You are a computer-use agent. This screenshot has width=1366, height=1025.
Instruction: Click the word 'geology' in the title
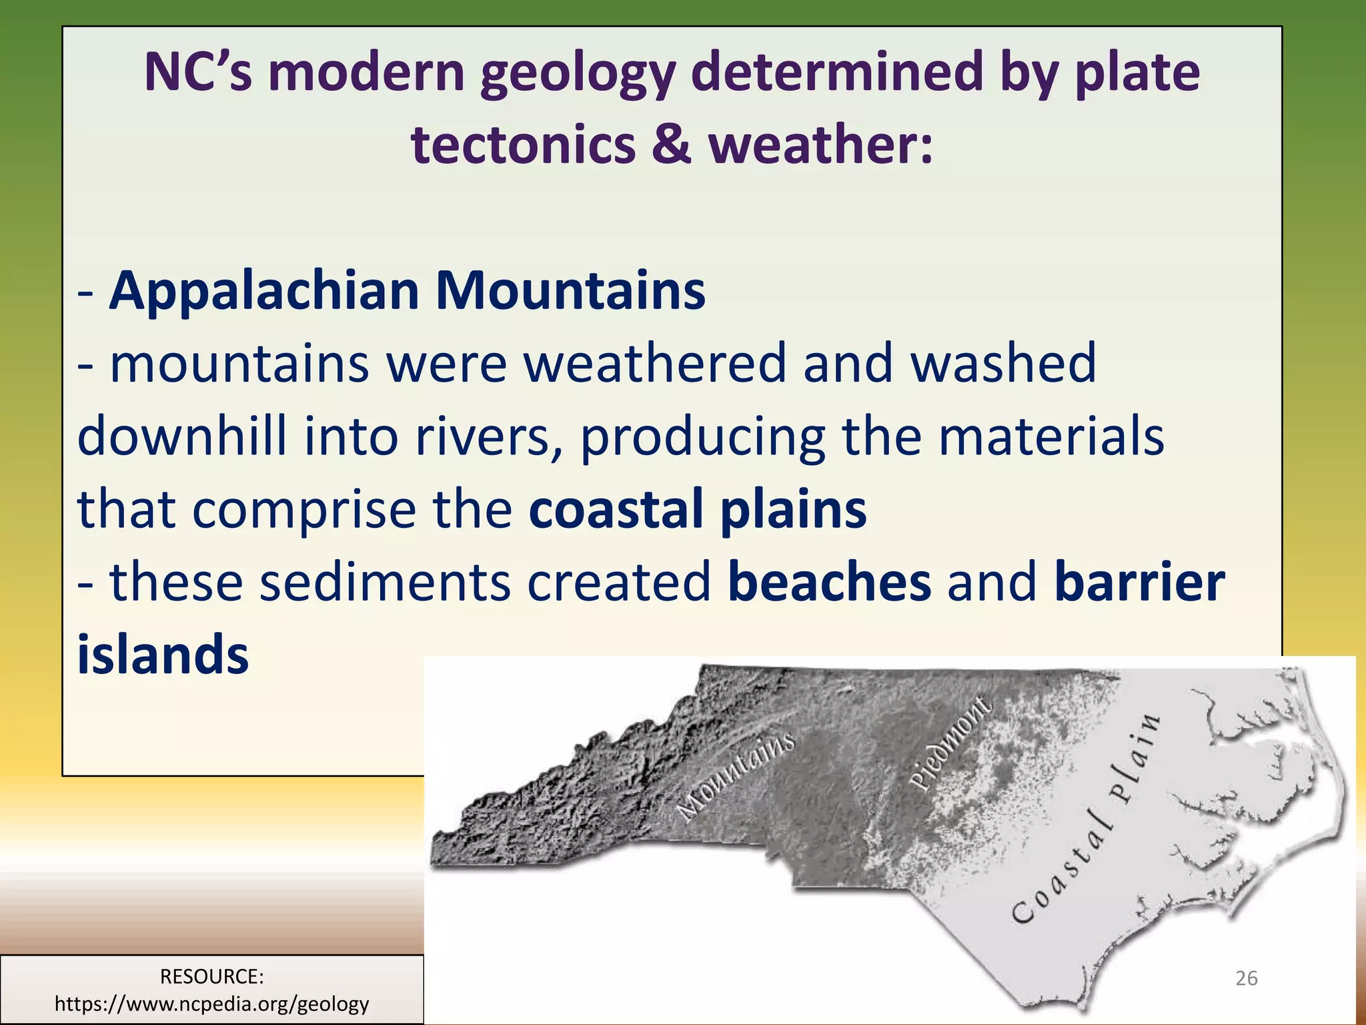[x=578, y=73]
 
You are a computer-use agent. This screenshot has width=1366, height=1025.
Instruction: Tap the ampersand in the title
[x=670, y=145]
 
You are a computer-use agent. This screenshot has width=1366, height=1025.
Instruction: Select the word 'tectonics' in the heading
[x=524, y=145]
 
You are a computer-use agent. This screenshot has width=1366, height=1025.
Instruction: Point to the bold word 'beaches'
[x=829, y=582]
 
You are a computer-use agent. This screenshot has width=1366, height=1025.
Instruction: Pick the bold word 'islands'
[x=163, y=655]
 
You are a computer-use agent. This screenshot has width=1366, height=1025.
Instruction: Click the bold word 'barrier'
[x=1139, y=582]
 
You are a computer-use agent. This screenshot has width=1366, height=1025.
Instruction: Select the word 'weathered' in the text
[x=654, y=364]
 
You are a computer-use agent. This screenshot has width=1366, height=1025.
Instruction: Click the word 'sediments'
[x=385, y=582]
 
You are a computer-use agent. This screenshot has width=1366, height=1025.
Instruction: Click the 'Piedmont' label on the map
[x=952, y=743]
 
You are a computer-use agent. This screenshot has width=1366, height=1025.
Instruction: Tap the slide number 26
[x=1246, y=978]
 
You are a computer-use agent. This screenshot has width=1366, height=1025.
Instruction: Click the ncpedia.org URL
[x=211, y=1004]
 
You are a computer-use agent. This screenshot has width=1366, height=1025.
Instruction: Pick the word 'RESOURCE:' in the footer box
[x=211, y=976]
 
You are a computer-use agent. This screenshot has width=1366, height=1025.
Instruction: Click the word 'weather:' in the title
[x=820, y=145]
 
